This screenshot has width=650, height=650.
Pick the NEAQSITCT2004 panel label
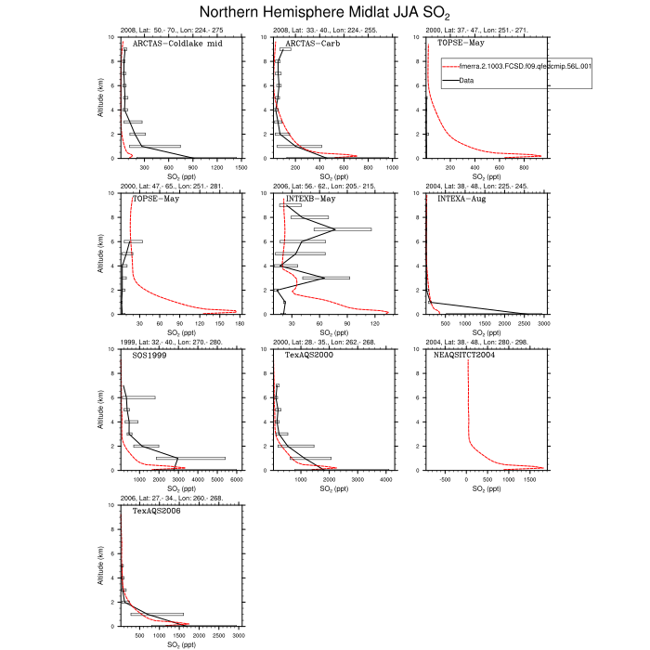[473, 356]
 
